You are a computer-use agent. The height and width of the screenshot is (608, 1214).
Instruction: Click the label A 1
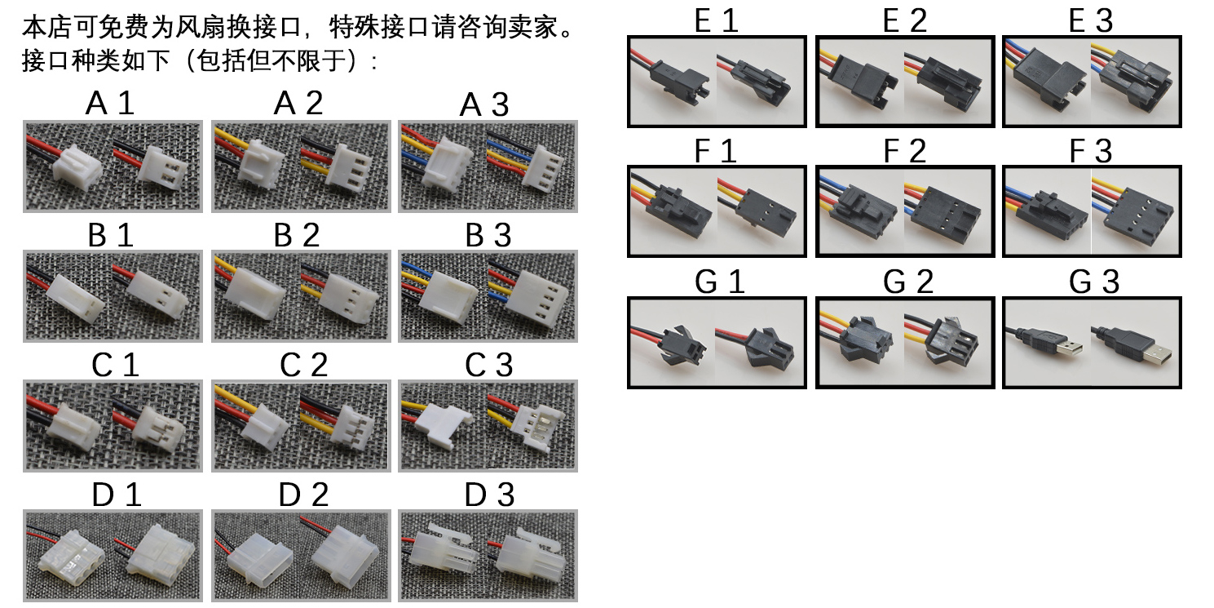click(x=109, y=103)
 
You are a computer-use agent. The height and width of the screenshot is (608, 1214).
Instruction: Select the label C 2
click(x=303, y=365)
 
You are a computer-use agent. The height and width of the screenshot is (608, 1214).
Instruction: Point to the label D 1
click(x=117, y=495)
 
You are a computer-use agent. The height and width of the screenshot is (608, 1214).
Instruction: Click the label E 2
click(x=904, y=20)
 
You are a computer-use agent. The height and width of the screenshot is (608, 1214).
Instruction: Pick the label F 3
click(x=1090, y=151)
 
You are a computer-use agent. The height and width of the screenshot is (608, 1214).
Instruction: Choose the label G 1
click(x=719, y=282)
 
